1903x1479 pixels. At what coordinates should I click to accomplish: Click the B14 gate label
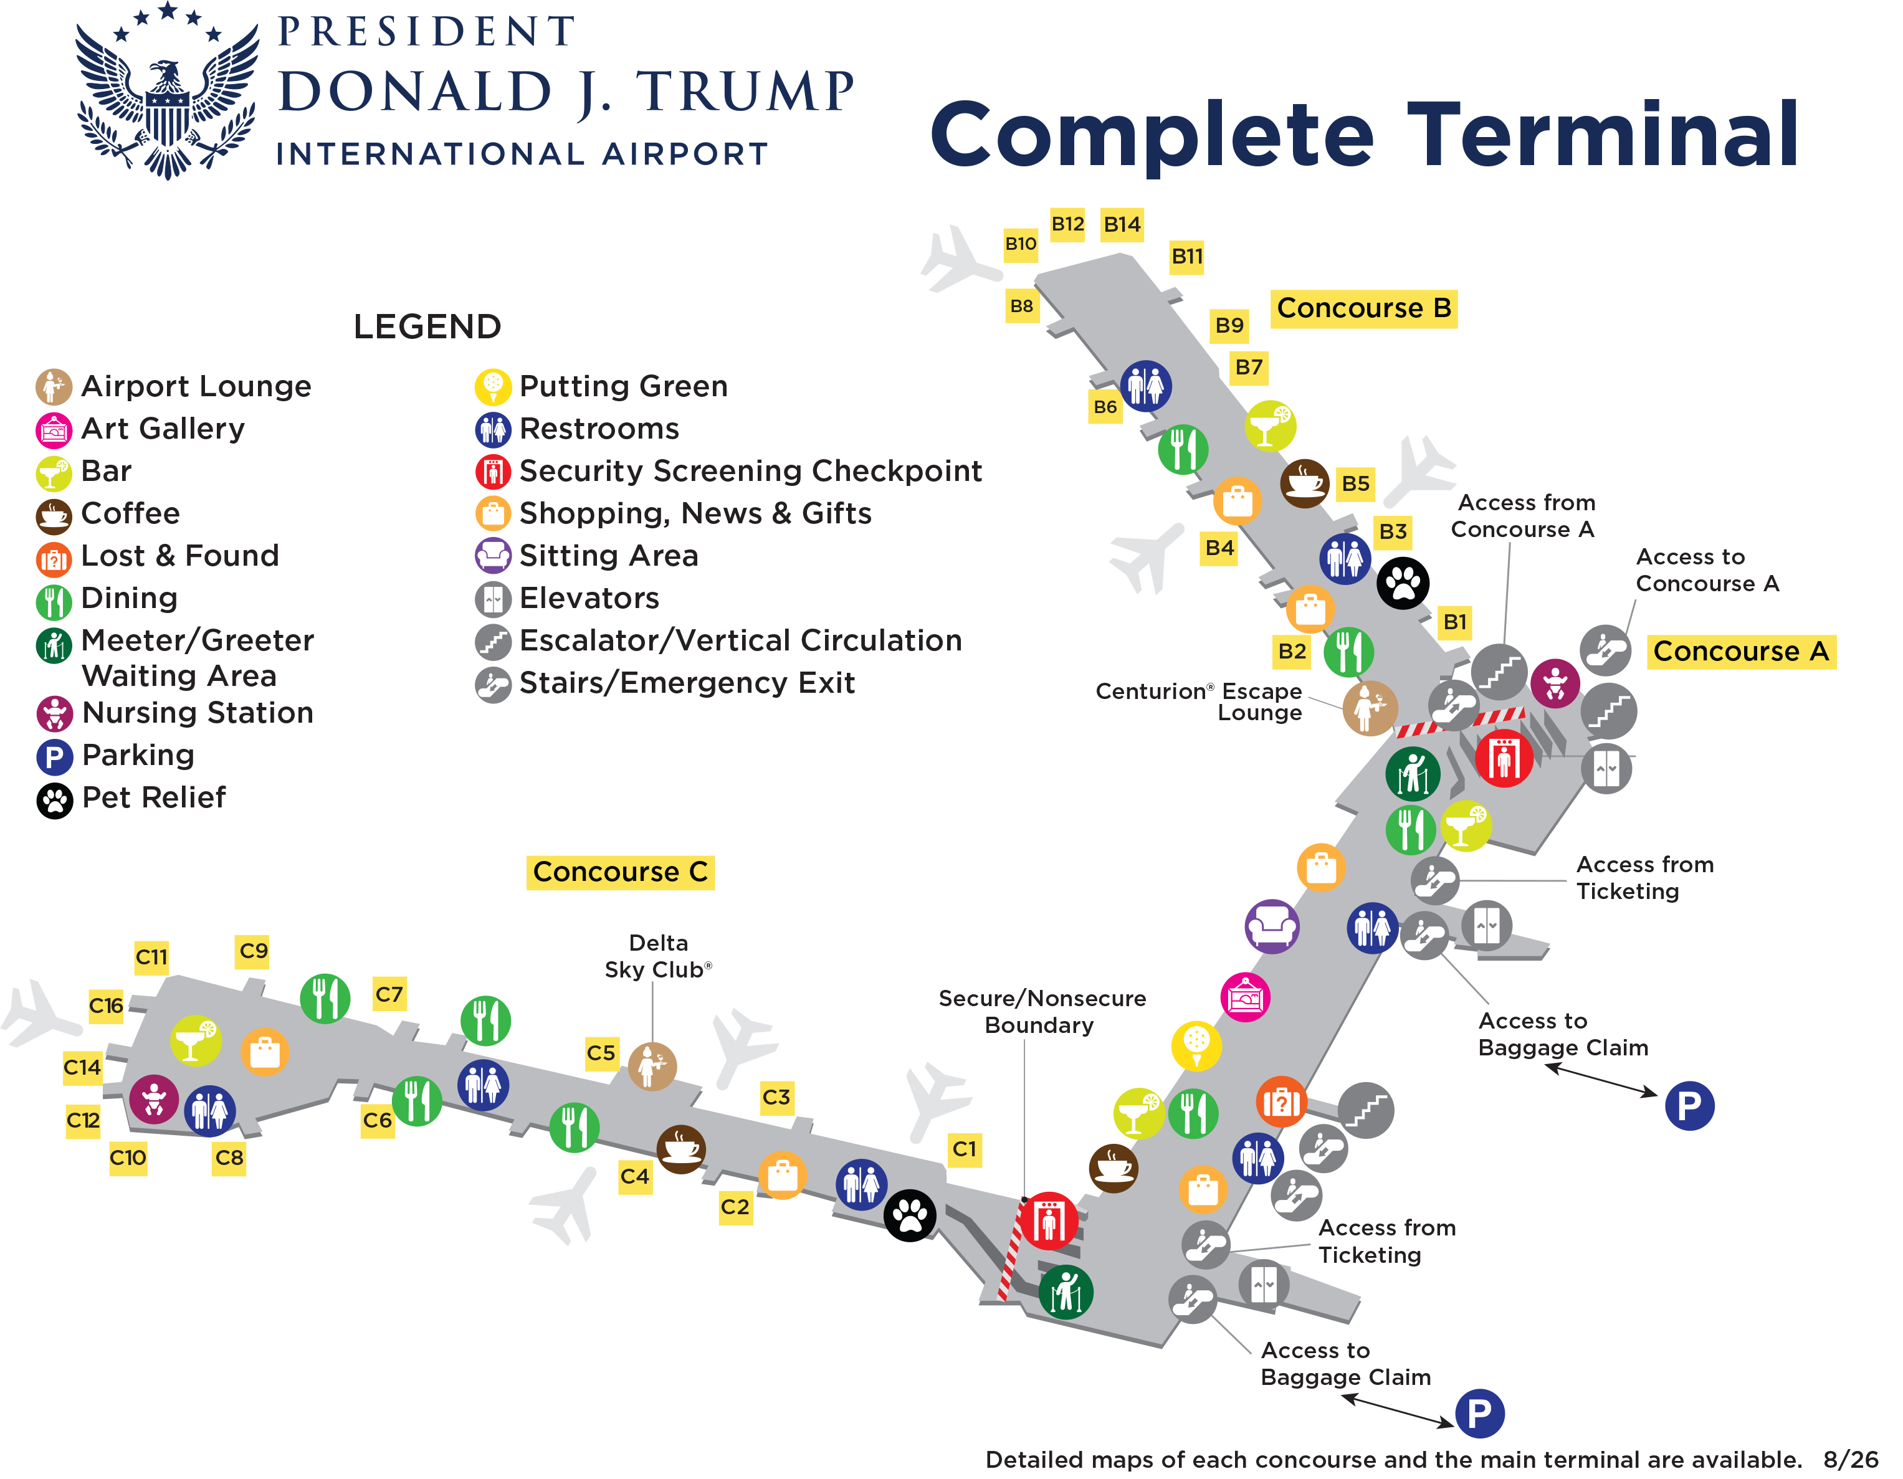pyautogui.click(x=1122, y=225)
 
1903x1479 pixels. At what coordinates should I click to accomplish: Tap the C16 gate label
pyautogui.click(x=107, y=1006)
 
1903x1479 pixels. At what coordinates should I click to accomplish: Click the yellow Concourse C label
pyautogui.click(x=621, y=872)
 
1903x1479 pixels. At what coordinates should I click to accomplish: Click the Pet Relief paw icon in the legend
pyautogui.click(x=54, y=799)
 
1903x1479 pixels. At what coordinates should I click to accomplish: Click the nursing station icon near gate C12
pyautogui.click(x=155, y=1099)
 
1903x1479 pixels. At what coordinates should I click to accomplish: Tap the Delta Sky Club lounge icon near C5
pyautogui.click(x=652, y=1066)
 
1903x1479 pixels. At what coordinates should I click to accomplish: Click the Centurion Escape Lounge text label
pyautogui.click(x=1199, y=702)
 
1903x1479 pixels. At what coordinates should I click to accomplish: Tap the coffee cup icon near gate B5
pyautogui.click(x=1304, y=483)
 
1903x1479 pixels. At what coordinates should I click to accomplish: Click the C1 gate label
pyautogui.click(x=965, y=1149)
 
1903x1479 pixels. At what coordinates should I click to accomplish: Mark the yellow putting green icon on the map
pyautogui.click(x=1196, y=1046)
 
